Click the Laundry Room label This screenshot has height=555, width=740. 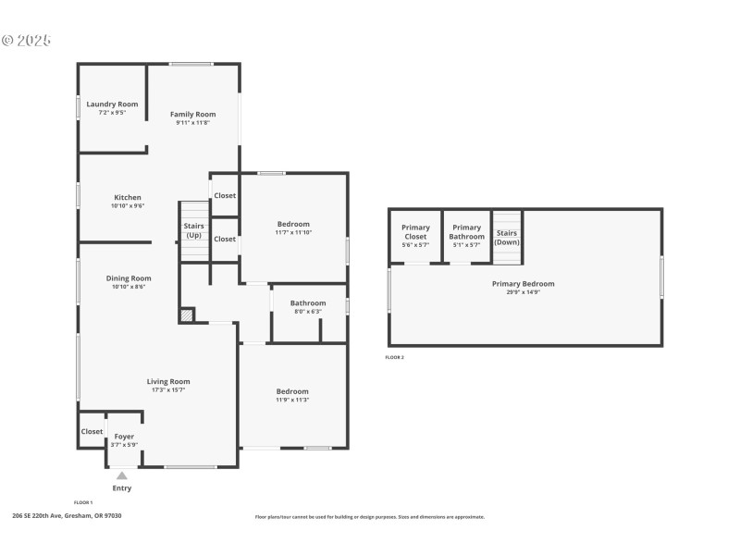[x=112, y=105]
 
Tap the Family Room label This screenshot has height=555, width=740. [x=192, y=114]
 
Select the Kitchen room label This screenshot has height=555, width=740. [x=128, y=197]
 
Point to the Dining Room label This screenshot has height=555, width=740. [x=129, y=277]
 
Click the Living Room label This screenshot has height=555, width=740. [x=168, y=381]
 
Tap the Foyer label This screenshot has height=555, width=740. [x=124, y=436]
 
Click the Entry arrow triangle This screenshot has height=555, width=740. [x=122, y=475]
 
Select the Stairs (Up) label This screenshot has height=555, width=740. [x=193, y=230]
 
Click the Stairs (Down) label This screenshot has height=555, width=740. [x=507, y=238]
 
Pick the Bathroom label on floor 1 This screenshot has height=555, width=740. [x=308, y=302]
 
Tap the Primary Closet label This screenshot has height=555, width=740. [x=415, y=232]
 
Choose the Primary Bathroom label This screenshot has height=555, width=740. [x=467, y=232]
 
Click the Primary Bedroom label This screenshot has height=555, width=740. [x=523, y=284]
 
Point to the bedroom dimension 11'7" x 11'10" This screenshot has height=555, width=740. [x=294, y=233]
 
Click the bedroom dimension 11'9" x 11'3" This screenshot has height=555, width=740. [x=292, y=400]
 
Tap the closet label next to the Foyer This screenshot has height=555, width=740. [x=92, y=431]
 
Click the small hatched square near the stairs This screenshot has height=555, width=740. [x=188, y=315]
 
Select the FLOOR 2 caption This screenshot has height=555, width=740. [x=395, y=357]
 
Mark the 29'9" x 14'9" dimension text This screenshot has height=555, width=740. [x=523, y=292]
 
